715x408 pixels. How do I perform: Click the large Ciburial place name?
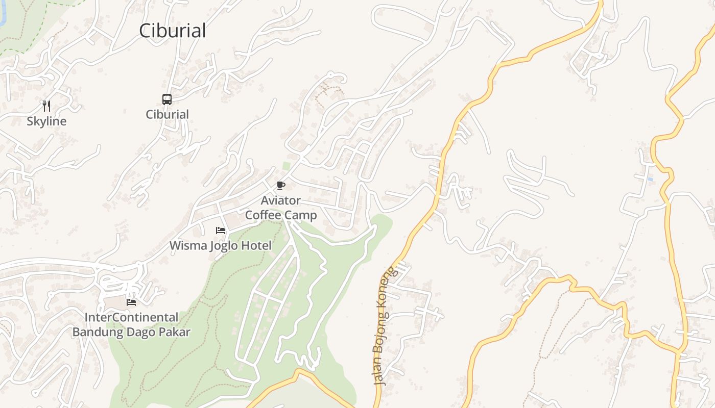click(173, 31)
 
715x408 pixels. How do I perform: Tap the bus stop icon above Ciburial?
click(167, 99)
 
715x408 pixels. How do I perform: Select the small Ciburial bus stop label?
click(168, 114)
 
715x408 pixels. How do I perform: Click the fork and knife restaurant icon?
click(46, 106)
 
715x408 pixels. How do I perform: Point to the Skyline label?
click(46, 121)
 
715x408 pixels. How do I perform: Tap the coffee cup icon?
click(280, 185)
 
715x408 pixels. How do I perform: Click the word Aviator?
click(281, 200)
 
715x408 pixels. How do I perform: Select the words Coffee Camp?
click(281, 215)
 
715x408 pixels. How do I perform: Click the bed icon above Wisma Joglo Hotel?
click(221, 231)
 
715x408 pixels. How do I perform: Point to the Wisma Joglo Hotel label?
click(221, 245)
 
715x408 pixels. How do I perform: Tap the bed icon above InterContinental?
click(131, 302)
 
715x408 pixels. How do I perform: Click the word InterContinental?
click(131, 317)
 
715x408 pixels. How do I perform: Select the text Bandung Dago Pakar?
click(131, 332)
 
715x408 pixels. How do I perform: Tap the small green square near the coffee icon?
click(287, 166)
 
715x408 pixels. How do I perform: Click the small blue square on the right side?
click(650, 180)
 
